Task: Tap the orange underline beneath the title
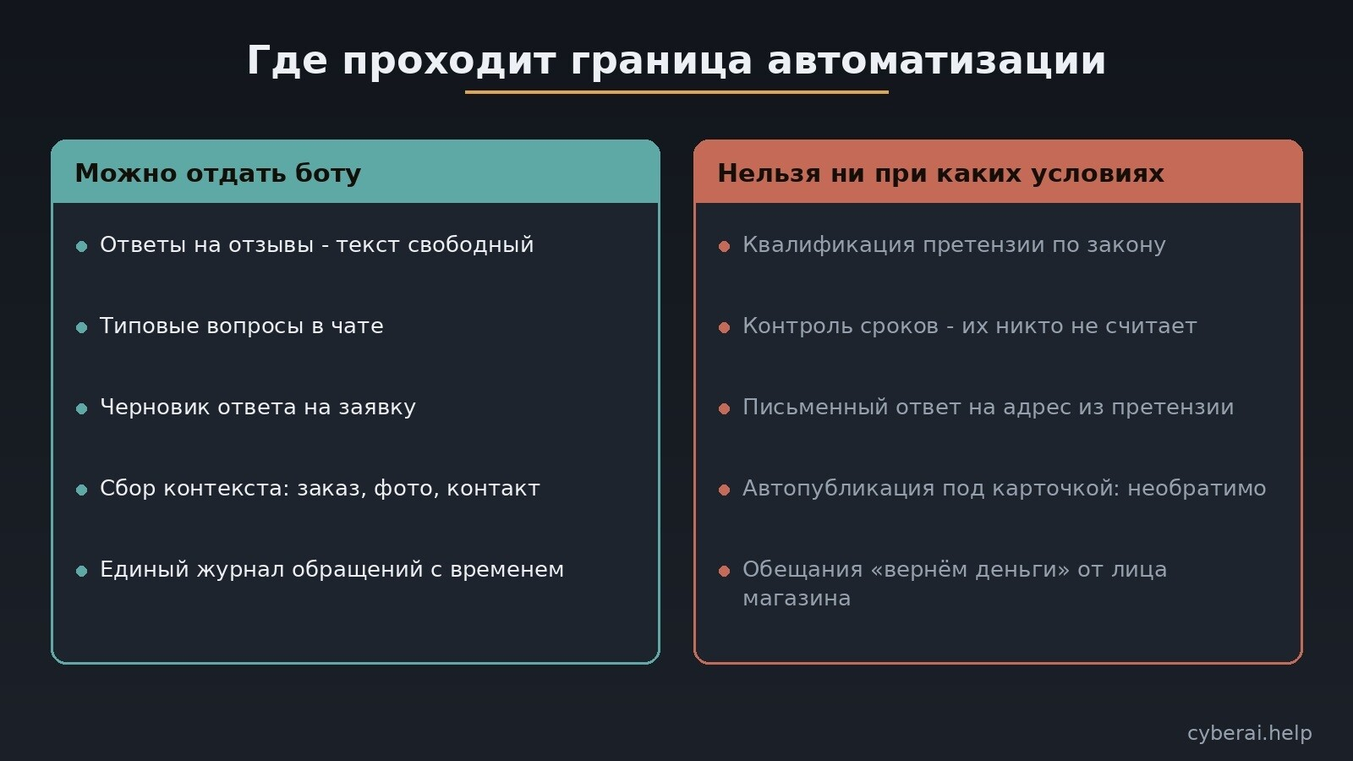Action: [676, 92]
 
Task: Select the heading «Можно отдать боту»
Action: [218, 173]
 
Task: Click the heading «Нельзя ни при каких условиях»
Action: [940, 173]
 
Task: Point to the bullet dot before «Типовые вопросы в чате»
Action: [82, 327]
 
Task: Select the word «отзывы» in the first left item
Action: [276, 244]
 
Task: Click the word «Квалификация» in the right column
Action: [829, 244]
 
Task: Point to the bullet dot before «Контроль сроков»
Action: [725, 327]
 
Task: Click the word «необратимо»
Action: [1197, 488]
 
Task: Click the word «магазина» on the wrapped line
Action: [797, 599]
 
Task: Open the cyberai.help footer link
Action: [1249, 733]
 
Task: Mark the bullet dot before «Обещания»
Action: [725, 571]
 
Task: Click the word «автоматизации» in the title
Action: [936, 61]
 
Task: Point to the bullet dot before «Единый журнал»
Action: [82, 571]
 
